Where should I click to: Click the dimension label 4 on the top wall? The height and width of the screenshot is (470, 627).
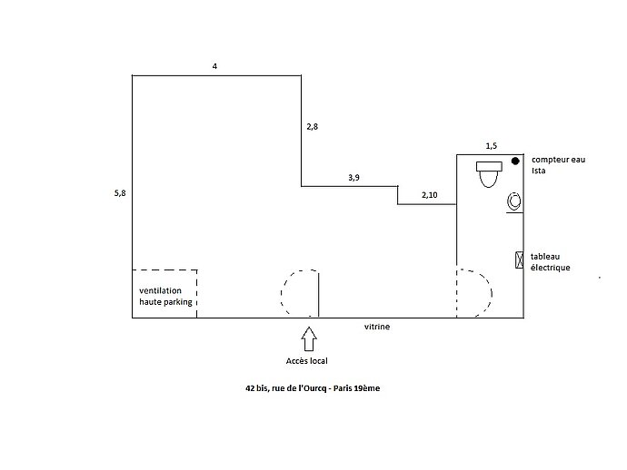(x=214, y=66)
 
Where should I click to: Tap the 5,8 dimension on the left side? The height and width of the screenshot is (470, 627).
(x=120, y=193)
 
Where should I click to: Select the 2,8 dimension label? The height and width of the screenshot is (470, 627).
(x=313, y=127)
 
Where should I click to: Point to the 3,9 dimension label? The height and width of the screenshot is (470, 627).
(x=353, y=178)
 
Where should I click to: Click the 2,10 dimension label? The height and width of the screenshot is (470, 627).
(x=430, y=195)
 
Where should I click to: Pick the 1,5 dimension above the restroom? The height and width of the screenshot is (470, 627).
(x=492, y=146)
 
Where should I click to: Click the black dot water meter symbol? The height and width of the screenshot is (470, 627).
(x=515, y=161)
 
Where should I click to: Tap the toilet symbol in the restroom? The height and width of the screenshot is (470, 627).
(x=489, y=174)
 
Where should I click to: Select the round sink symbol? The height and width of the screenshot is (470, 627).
(x=514, y=201)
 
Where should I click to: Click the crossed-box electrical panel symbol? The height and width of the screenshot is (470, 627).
(x=519, y=259)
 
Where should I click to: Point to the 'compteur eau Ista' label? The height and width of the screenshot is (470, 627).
(x=558, y=165)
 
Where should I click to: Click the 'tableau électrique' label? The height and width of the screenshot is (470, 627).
(x=551, y=262)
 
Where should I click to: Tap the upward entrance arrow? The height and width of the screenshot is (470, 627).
(x=309, y=339)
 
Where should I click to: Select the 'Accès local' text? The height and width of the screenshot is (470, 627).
(x=307, y=361)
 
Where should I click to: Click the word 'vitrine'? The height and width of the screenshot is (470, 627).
(x=377, y=327)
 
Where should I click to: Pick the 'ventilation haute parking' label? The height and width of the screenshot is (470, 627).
(x=165, y=297)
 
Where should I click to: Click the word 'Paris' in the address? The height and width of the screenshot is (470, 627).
(x=343, y=388)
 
